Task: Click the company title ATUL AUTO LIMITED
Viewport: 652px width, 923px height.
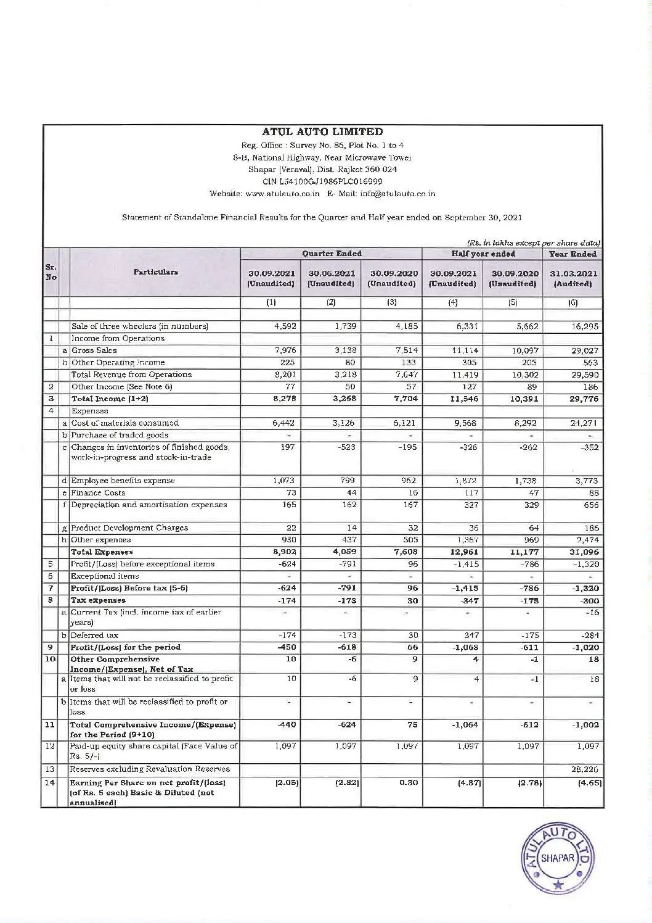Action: [x=322, y=131]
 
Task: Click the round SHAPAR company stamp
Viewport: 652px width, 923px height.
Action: [x=558, y=858]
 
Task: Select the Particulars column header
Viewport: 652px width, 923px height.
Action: [x=155, y=272]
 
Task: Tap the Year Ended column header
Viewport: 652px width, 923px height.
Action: [x=573, y=254]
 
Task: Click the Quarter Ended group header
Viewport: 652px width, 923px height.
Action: [x=332, y=254]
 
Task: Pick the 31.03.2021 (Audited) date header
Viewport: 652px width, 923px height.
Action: [x=573, y=278]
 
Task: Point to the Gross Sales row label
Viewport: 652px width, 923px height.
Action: [x=94, y=350]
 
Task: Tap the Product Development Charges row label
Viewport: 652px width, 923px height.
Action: [x=129, y=528]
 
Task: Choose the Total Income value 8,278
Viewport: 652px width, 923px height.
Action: [x=283, y=399]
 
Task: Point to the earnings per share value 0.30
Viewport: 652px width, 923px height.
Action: [x=407, y=783]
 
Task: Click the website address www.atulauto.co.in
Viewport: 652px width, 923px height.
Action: [x=282, y=194]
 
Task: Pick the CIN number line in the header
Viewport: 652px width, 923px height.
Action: [x=322, y=181]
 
